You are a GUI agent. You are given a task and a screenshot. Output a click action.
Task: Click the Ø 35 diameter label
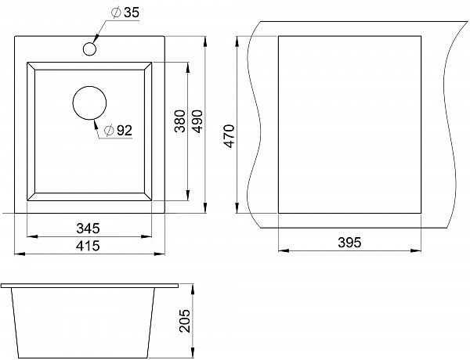[x=125, y=13]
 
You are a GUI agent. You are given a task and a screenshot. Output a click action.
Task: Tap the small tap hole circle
[x=89, y=49]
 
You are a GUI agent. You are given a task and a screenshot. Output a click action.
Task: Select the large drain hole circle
[x=89, y=103]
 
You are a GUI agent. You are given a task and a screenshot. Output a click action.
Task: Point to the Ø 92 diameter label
[x=117, y=130]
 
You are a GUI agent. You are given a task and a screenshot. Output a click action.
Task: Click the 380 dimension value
[x=180, y=121]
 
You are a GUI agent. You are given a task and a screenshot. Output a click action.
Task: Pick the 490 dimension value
[x=197, y=121]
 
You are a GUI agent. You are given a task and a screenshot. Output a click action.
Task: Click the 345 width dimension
[x=88, y=229]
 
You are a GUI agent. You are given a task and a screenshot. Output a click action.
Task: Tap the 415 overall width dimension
[x=88, y=246]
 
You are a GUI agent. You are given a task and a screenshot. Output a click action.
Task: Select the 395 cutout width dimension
[x=350, y=243]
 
